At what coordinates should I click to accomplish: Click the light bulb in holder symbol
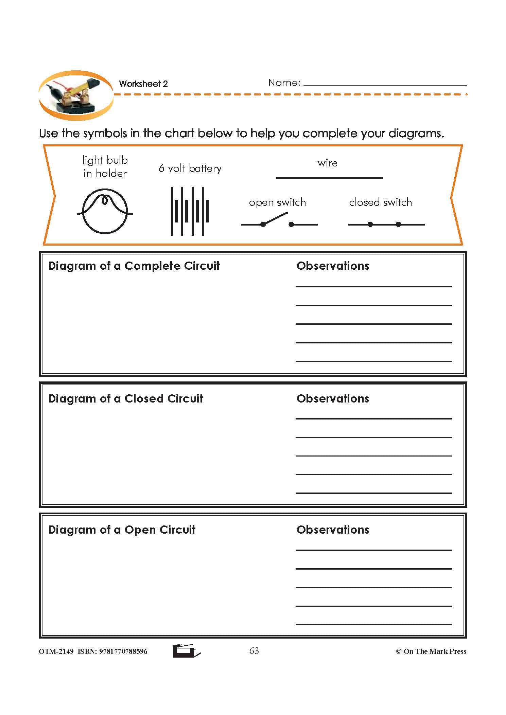pos(105,211)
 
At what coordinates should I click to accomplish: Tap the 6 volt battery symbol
pos(190,211)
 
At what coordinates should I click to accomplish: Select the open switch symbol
pos(279,221)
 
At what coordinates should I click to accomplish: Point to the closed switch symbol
pos(386,224)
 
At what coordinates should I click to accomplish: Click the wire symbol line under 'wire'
pos(329,178)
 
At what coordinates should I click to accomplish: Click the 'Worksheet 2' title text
pos(143,84)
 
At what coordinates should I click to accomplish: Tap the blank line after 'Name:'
pos(385,83)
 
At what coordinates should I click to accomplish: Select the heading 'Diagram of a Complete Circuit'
pos(134,266)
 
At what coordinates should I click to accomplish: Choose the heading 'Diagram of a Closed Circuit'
pos(125,398)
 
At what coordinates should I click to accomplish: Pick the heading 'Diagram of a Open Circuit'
pos(122,530)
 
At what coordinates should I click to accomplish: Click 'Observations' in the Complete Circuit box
pos(333,266)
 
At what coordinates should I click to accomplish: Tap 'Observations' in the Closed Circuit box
pos(333,398)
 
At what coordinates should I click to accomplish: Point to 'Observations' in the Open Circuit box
pos(333,530)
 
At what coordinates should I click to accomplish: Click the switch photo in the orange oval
pos(75,95)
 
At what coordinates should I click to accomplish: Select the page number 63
pos(254,650)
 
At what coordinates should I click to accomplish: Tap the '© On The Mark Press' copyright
pos(431,651)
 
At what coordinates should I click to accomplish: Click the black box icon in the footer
pos(185,650)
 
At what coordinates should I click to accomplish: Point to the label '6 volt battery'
pos(190,168)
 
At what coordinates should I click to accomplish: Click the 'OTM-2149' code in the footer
pos(56,651)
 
